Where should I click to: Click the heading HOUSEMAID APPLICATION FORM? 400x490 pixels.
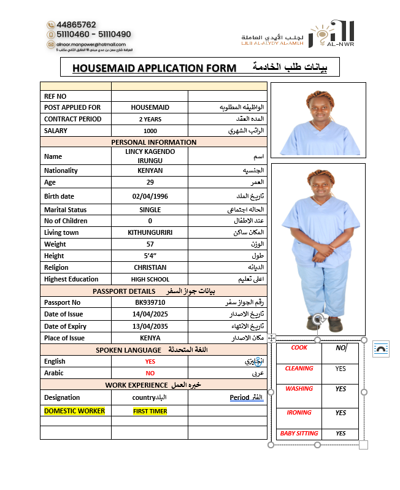(x=154, y=68)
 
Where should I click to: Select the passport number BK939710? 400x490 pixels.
(x=150, y=302)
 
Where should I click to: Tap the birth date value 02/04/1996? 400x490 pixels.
(x=150, y=196)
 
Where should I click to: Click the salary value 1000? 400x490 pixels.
(x=150, y=131)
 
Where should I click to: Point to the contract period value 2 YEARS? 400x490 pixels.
(x=150, y=119)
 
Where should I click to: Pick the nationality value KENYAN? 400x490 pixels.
(x=150, y=170)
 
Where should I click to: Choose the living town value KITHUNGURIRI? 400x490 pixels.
(x=150, y=232)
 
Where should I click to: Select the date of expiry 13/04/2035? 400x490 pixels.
(x=150, y=326)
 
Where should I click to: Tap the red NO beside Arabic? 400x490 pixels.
(x=150, y=373)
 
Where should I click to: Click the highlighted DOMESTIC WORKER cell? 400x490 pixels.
(x=74, y=411)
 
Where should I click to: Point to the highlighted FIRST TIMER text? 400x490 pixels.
(x=150, y=412)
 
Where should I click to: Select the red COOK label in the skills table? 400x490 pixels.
(x=299, y=348)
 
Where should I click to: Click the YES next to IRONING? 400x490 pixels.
(x=340, y=413)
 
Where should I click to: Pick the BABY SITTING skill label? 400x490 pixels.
(x=299, y=434)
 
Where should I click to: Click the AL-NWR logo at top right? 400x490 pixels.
(x=332, y=34)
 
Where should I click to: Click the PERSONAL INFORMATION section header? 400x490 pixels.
(x=153, y=142)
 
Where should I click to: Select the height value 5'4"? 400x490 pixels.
(x=150, y=256)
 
